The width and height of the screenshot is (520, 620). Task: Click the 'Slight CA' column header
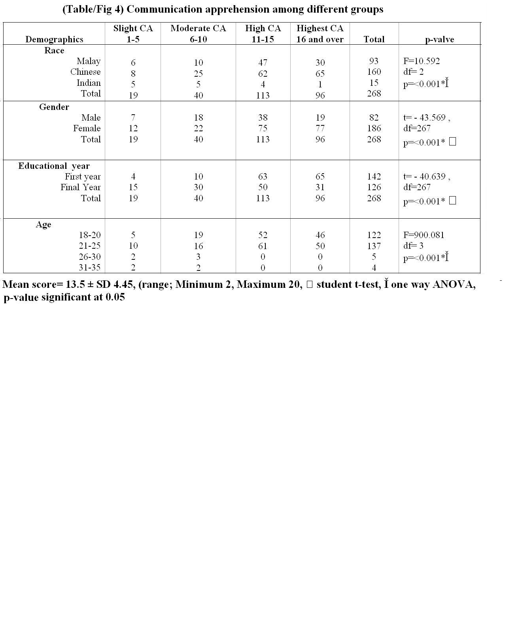pyautogui.click(x=133, y=28)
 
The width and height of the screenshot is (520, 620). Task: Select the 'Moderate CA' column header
pyautogui.click(x=198, y=28)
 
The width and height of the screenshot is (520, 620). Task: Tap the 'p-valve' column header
pyautogui.click(x=439, y=39)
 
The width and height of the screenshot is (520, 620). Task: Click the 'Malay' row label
pyautogui.click(x=89, y=61)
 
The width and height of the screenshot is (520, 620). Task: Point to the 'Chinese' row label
pyautogui.click(x=85, y=72)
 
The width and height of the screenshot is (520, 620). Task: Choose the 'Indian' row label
pyautogui.click(x=89, y=83)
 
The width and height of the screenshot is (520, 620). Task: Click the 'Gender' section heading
pyautogui.click(x=54, y=107)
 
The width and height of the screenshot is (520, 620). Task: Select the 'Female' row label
pyautogui.click(x=87, y=129)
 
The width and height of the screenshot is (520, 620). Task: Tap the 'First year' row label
pyautogui.click(x=83, y=177)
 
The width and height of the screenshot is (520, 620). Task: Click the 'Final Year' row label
pyautogui.click(x=81, y=187)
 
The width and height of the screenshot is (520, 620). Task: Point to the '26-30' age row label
pyautogui.click(x=90, y=257)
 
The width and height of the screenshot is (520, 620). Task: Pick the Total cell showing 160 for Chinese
pyautogui.click(x=374, y=72)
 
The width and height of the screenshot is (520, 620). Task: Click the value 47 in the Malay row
pyautogui.click(x=263, y=62)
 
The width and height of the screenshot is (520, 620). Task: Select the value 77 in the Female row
pyautogui.click(x=320, y=129)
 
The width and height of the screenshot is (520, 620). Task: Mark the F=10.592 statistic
pyautogui.click(x=422, y=61)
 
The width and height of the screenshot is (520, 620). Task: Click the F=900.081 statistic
pyautogui.click(x=424, y=235)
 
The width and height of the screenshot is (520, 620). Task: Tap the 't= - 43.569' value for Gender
pyautogui.click(x=424, y=118)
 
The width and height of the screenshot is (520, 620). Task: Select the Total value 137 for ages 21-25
pyautogui.click(x=374, y=246)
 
